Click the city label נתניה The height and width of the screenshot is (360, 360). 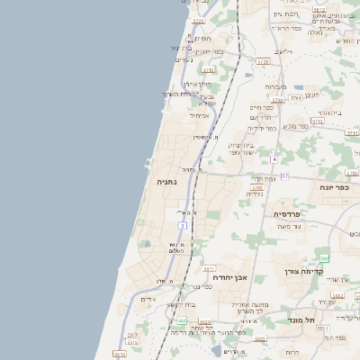(x=166, y=181)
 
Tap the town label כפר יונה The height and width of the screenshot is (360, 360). (x=332, y=186)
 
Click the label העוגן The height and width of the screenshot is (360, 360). (x=311, y=94)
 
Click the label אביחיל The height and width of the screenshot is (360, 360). (x=199, y=115)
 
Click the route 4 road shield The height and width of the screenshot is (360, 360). (x=274, y=159)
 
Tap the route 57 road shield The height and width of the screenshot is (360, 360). (x=284, y=175)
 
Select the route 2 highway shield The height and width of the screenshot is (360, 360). (x=182, y=225)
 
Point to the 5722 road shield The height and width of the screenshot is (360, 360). (x=198, y=20)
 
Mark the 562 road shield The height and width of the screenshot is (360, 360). (x=324, y=258)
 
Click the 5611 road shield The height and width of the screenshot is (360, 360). (x=208, y=268)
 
